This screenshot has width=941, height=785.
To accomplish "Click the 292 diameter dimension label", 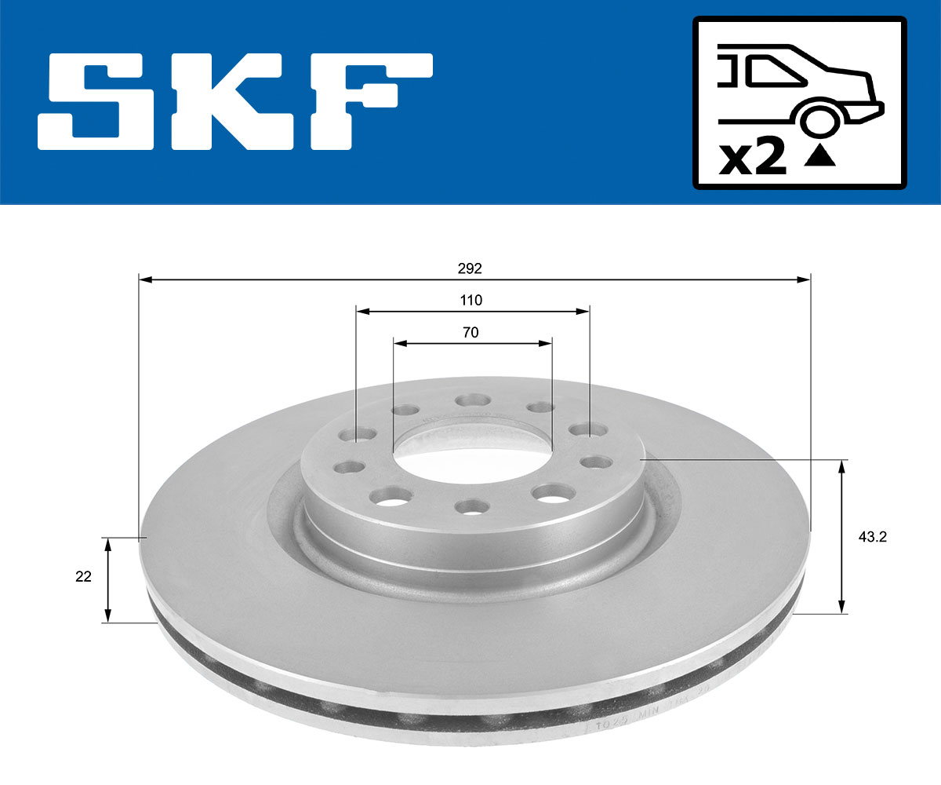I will (x=470, y=268).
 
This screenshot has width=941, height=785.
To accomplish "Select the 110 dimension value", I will (x=470, y=300).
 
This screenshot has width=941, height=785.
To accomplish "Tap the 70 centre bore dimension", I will (x=470, y=332).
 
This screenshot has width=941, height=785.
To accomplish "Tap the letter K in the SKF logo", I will (x=230, y=101).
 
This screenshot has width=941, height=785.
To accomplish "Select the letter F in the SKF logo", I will (x=371, y=100).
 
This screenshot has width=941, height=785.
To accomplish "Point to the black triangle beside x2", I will (x=820, y=157).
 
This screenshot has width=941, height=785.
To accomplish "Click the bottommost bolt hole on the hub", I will (x=472, y=506).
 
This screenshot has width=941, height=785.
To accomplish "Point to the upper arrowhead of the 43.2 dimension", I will (x=841, y=466).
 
